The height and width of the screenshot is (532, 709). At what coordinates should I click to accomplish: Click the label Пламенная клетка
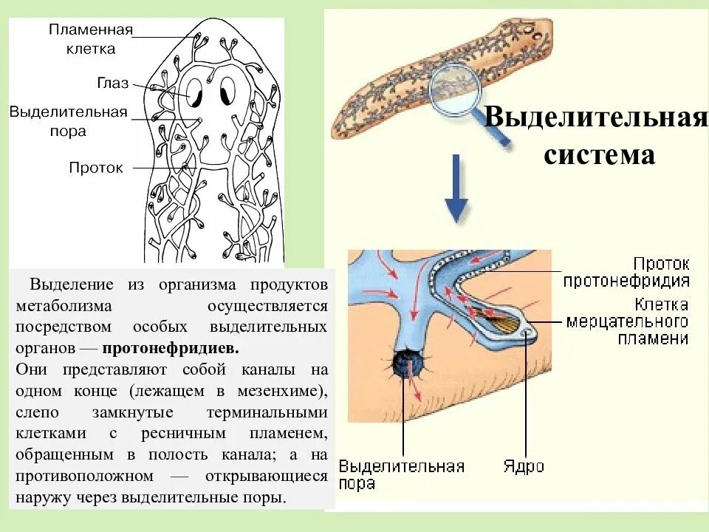pyautogui.click(x=90, y=39)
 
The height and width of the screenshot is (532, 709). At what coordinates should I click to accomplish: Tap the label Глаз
pyautogui.click(x=112, y=83)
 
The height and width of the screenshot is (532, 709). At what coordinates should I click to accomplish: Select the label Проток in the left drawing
pyautogui.click(x=96, y=168)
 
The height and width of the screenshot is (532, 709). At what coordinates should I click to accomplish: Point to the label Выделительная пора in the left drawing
pyautogui.click(x=69, y=121)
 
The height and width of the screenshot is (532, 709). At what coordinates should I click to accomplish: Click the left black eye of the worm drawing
pyautogui.click(x=195, y=95)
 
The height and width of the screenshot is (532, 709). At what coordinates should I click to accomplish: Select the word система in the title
pyautogui.click(x=599, y=155)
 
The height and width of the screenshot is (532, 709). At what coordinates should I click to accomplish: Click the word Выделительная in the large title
pyautogui.click(x=596, y=117)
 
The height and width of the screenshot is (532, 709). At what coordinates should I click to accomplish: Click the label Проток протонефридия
pyautogui.click(x=626, y=272)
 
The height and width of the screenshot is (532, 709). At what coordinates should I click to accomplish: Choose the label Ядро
pyautogui.click(x=524, y=466)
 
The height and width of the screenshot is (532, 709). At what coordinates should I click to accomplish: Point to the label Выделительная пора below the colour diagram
pyautogui.click(x=401, y=474)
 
